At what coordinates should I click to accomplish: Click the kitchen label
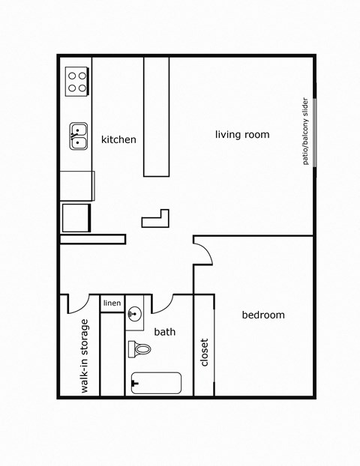(118, 139)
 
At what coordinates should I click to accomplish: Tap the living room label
(241, 135)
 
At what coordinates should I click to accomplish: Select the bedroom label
(262, 315)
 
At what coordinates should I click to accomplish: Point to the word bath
(164, 331)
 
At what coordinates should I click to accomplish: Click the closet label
(204, 352)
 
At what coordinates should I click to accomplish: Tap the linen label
(112, 303)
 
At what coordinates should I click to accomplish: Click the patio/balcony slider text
(306, 132)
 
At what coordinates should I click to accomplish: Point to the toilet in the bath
(139, 348)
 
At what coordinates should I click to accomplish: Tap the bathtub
(156, 383)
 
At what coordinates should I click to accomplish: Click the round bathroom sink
(135, 314)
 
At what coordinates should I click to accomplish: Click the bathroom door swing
(163, 303)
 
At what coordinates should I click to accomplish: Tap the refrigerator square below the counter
(76, 217)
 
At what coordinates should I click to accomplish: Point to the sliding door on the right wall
(316, 132)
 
